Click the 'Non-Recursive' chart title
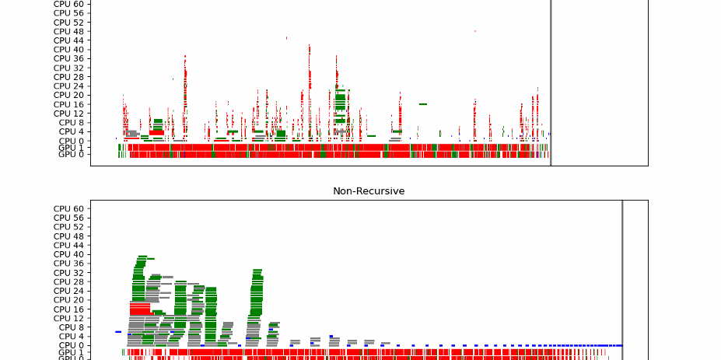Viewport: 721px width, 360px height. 369,190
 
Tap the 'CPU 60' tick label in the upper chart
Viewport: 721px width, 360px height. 68,4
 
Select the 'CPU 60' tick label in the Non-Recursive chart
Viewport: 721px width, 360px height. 68,208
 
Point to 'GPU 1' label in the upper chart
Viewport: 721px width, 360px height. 71,148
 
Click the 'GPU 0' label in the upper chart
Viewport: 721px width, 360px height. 71,155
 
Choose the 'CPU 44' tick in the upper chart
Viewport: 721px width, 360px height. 68,40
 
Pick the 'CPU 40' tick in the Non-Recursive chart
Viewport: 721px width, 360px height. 68,254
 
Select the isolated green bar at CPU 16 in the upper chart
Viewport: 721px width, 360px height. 423,104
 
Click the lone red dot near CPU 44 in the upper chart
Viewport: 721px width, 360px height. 286,37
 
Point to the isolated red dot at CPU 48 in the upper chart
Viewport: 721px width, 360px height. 474,31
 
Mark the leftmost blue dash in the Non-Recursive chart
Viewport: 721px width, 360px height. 117,332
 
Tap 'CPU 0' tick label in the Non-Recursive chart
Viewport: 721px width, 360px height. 71,345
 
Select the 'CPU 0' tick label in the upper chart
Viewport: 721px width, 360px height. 71,141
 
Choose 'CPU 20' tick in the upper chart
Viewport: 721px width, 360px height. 68,95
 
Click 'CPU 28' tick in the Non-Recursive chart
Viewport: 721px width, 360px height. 68,281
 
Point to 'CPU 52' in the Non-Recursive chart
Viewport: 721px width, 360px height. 68,226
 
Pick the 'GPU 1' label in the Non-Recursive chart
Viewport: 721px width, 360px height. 71,353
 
